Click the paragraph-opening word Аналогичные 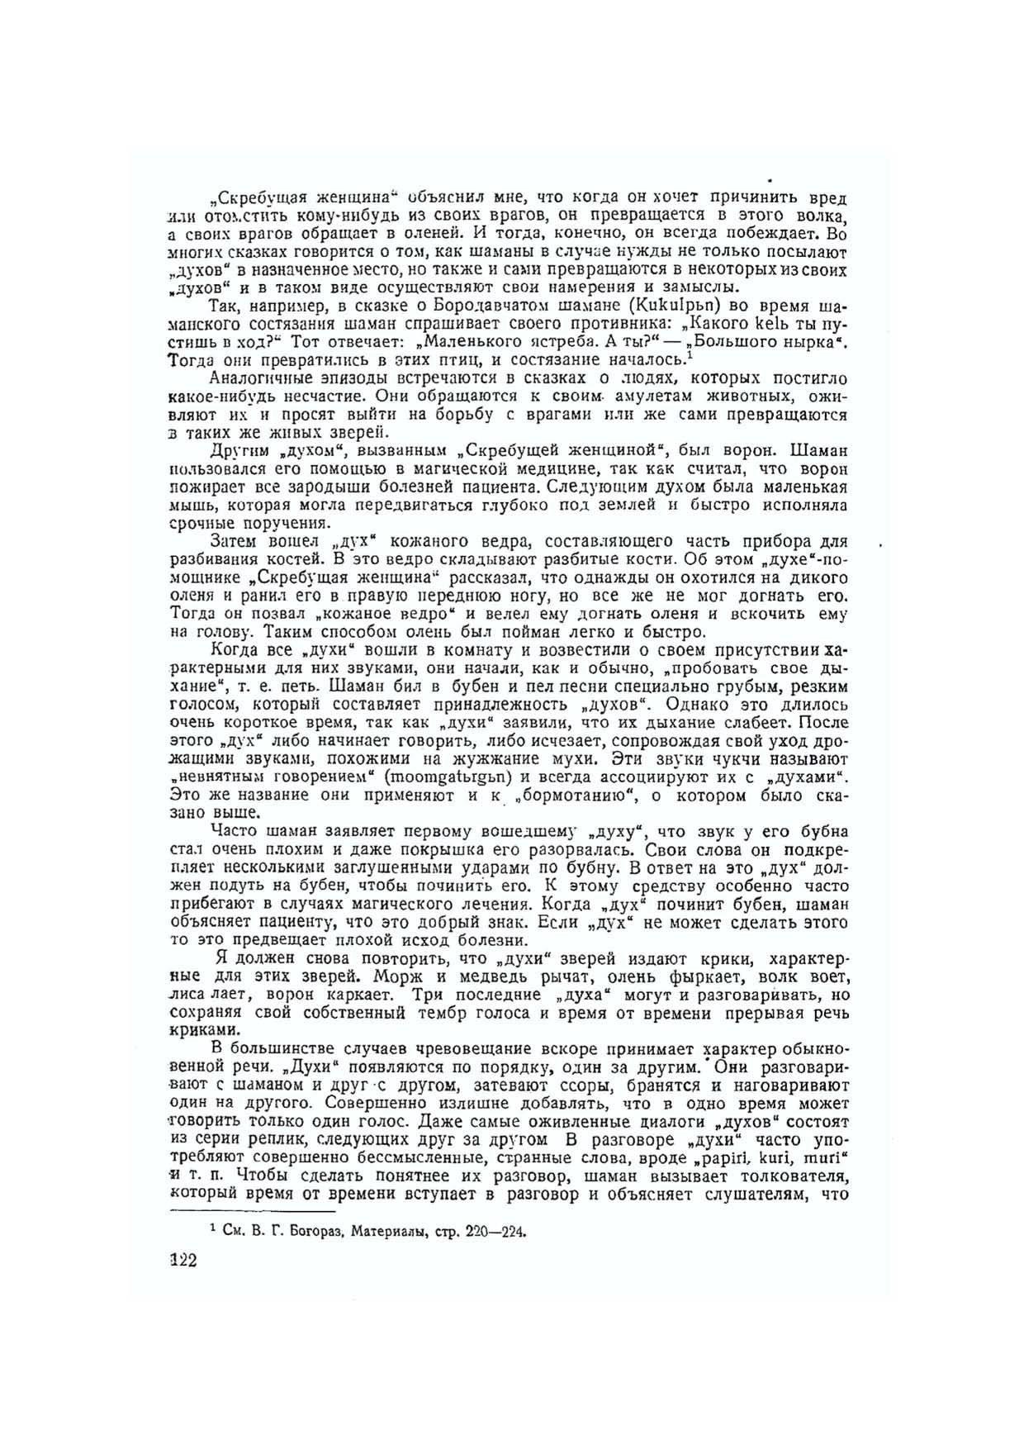(x=263, y=378)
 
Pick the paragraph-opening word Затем (x=235, y=542)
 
